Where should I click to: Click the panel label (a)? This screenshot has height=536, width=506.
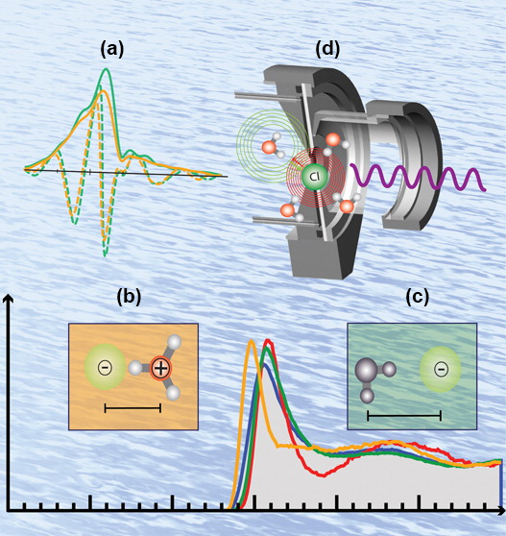click(x=112, y=50)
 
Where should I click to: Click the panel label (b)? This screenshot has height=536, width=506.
click(x=129, y=297)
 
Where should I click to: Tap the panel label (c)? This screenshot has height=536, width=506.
click(x=417, y=297)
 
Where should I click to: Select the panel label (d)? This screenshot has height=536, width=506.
click(x=327, y=49)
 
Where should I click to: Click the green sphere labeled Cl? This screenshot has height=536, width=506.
click(x=315, y=177)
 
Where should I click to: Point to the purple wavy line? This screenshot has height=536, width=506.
click(x=418, y=177)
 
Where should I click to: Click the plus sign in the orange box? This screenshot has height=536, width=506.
click(x=160, y=368)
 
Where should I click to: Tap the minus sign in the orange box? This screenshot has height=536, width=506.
click(x=105, y=368)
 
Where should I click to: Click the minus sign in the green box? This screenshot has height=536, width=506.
click(x=441, y=369)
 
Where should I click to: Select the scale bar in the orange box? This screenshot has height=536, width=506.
click(x=133, y=408)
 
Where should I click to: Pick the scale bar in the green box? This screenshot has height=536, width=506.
click(x=404, y=416)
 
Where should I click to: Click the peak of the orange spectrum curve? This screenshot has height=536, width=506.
click(x=252, y=341)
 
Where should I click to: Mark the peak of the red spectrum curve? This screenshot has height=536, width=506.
click(x=268, y=340)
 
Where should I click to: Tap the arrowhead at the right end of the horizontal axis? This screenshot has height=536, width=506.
click(x=501, y=511)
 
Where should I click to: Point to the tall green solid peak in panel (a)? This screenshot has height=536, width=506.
click(x=107, y=70)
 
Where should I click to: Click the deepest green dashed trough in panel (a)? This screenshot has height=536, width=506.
click(x=105, y=255)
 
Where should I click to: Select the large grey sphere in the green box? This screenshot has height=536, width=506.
click(x=367, y=370)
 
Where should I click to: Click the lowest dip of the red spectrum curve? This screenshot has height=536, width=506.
click(x=324, y=475)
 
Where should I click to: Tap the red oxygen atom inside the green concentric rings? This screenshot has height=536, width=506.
click(x=269, y=147)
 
